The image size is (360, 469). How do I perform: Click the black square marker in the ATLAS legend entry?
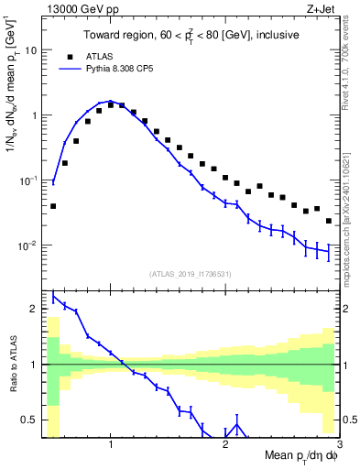click(68, 55)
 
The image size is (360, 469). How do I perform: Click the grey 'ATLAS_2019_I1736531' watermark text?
click(190, 273)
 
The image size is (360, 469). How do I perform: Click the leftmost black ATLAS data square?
click(53, 206)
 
